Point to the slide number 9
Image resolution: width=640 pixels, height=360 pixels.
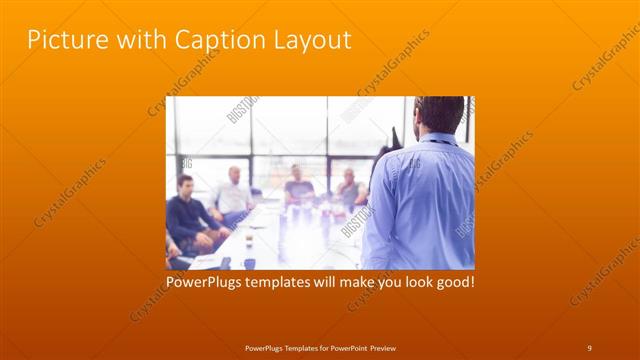click(589, 347)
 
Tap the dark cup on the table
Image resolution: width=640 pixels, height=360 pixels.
click(249, 263)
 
